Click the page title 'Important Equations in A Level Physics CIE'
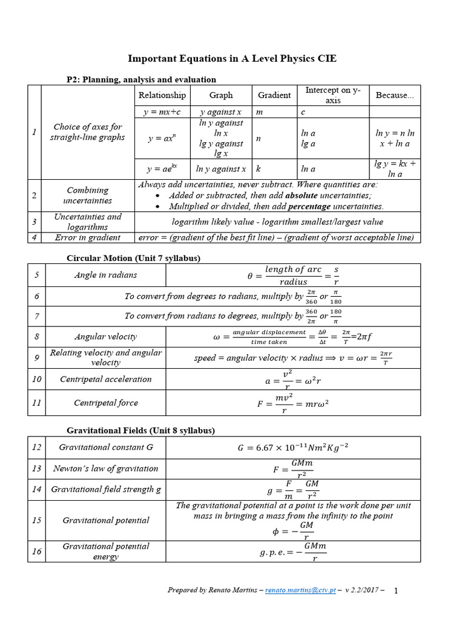(x=232, y=59)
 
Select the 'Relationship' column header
(x=162, y=95)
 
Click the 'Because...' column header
(x=395, y=95)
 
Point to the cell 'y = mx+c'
(x=162, y=112)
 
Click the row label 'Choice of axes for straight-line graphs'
(x=88, y=132)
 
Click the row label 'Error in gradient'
(x=88, y=237)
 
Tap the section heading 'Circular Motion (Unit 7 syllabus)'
(x=133, y=259)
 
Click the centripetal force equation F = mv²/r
(x=292, y=403)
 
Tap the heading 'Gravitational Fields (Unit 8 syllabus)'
(x=140, y=430)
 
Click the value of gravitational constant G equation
(x=293, y=448)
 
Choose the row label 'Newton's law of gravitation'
(x=105, y=468)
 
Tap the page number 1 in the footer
(x=396, y=591)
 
